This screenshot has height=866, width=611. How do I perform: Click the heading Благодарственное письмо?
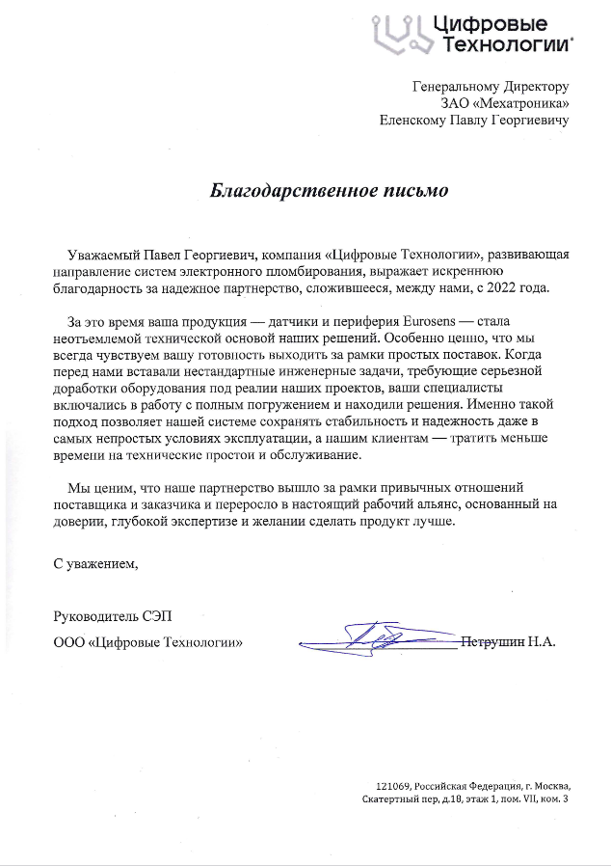tap(329, 190)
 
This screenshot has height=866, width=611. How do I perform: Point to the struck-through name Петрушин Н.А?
tap(509, 640)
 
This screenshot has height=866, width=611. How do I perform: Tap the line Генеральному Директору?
tap(491, 86)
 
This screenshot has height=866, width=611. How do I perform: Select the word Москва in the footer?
tap(550, 785)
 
